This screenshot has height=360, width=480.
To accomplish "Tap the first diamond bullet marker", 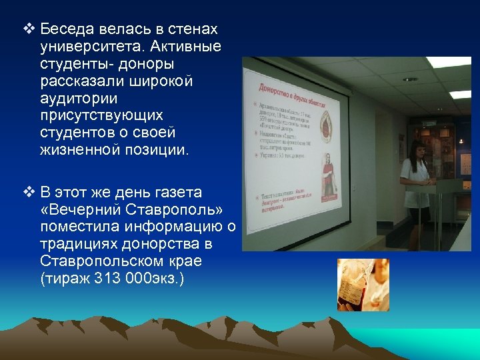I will [27, 30].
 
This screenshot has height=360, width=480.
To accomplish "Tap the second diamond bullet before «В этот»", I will [27, 193].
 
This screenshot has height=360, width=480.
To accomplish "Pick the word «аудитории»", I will [78, 98].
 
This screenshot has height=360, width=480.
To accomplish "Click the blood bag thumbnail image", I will [362, 285].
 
